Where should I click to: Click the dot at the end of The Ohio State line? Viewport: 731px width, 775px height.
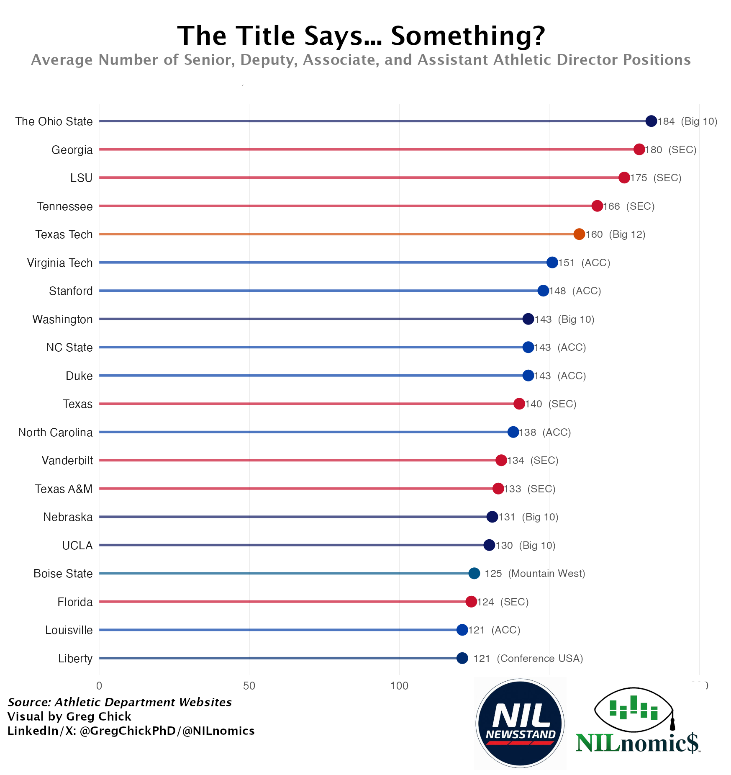pos(651,121)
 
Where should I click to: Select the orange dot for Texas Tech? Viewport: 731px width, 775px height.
pos(579,234)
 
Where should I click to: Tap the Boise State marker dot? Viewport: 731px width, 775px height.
pos(474,574)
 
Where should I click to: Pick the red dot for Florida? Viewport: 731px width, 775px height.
pos(471,602)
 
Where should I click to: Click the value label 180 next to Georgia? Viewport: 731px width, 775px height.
pos(654,150)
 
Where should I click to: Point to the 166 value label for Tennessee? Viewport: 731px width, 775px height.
pos(612,206)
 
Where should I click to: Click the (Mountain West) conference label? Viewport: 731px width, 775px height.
pos(546,574)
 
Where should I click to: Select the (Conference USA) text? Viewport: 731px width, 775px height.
pos(540,659)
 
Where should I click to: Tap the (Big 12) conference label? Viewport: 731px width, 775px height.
pos(627,234)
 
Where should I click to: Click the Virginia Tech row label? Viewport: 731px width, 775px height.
pos(60,263)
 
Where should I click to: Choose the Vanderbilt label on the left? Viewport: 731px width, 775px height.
pos(67,461)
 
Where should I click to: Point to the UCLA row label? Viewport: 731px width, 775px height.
pos(77,546)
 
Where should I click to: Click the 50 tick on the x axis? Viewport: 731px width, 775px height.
pos(249,686)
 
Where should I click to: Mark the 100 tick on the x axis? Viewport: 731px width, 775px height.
pos(399,686)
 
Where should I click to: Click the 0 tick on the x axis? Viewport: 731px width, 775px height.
pos(99,686)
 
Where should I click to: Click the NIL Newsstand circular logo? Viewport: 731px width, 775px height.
pos(520,723)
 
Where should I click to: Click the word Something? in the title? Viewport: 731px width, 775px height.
pos(468,36)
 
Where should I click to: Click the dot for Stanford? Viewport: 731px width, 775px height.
pos(543,291)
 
